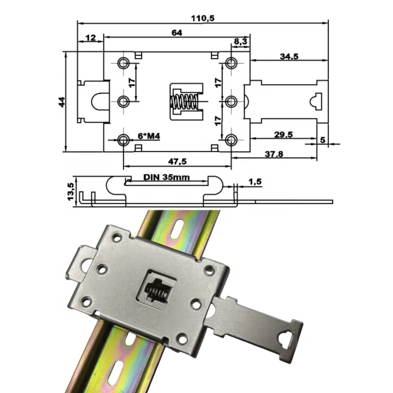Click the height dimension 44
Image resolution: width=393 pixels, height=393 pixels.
point(61,102)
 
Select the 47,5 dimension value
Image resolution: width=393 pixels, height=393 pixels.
point(177,161)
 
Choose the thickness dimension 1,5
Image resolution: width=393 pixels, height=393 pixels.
point(254,182)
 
